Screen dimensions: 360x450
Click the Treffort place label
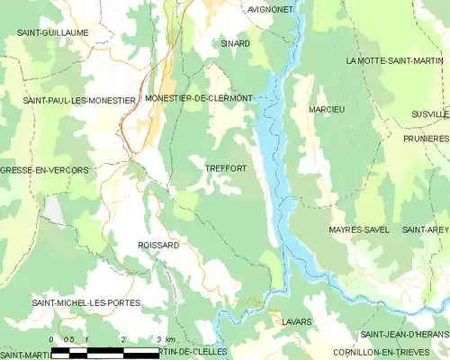coord(225,168)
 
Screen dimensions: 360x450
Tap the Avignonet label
coord(270,9)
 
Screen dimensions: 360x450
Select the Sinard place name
coord(235,43)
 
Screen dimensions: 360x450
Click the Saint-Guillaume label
coord(52,32)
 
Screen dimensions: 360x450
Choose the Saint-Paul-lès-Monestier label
coord(79,101)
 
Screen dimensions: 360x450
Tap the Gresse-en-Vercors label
coord(44,170)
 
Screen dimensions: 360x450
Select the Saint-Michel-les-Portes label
coord(86,303)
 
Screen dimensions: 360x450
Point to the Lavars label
coord(296,320)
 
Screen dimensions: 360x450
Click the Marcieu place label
coord(327,109)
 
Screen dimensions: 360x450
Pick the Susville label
coord(429,115)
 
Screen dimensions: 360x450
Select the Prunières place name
coord(426,139)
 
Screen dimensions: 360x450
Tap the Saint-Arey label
coord(425,230)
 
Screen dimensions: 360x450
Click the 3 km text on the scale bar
coord(164,339)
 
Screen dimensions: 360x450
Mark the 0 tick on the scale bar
coord(51,339)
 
